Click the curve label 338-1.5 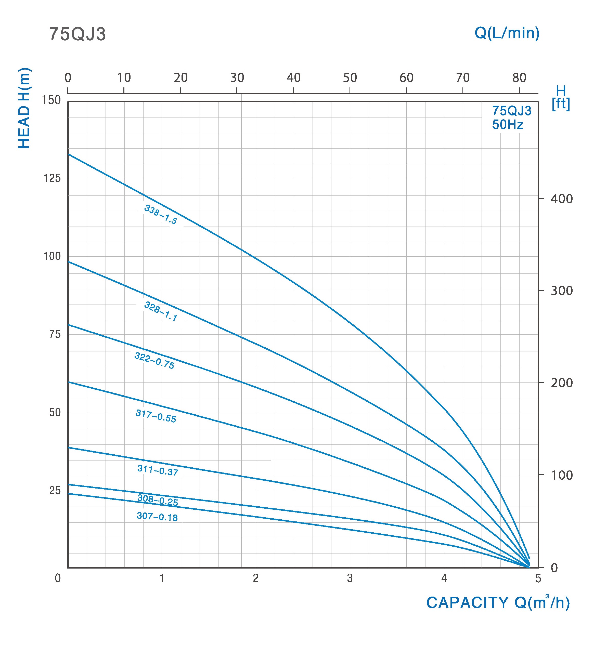(x=160, y=215)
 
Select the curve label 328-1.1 (x=160, y=311)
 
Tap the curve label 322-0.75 (x=154, y=361)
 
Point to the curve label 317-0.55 (x=156, y=416)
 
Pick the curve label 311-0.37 (x=158, y=470)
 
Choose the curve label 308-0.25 (x=158, y=500)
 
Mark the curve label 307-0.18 (x=157, y=517)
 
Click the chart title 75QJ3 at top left (x=78, y=34)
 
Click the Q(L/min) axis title (x=507, y=33)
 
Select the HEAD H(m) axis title (x=24, y=108)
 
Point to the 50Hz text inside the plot (x=508, y=125)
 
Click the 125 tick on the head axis (x=52, y=178)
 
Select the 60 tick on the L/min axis (x=406, y=78)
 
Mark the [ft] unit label (x=561, y=104)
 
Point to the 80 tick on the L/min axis (x=519, y=78)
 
